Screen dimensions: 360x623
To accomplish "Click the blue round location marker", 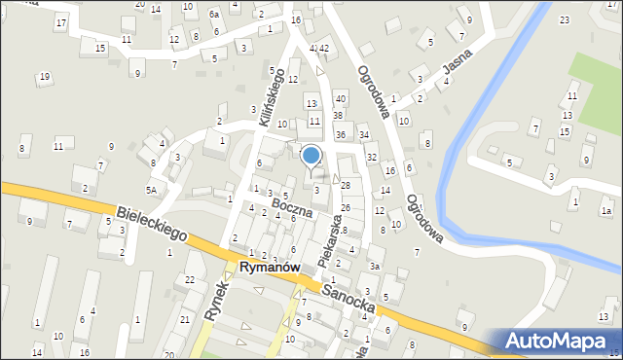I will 311,155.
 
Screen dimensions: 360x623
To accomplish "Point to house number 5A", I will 151,190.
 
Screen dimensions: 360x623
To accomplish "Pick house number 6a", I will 213,16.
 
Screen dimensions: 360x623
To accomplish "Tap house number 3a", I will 374,266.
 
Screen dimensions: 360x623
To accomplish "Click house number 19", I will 44,77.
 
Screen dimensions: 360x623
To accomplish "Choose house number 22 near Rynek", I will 189,280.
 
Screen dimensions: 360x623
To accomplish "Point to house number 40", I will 340,98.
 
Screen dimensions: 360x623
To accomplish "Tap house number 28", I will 345,186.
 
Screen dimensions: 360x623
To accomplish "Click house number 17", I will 61,21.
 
